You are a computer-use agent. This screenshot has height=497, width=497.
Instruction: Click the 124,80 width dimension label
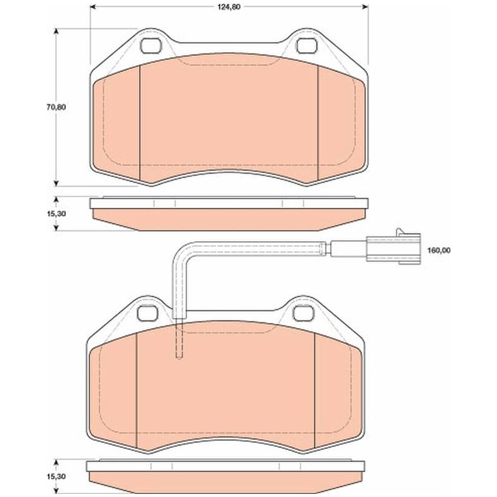[x=229, y=7]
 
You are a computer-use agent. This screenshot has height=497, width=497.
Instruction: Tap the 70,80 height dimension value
[x=56, y=107]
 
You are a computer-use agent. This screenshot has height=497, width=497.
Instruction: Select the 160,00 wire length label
[x=439, y=250]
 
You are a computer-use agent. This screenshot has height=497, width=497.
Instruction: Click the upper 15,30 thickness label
[x=56, y=214]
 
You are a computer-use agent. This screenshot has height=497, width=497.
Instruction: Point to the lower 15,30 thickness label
[x=56, y=476]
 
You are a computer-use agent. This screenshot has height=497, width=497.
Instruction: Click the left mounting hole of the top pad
[x=151, y=46]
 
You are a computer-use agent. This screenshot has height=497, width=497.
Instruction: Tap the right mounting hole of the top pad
[x=306, y=46]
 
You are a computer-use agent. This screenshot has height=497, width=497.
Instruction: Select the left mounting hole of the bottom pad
[x=148, y=313]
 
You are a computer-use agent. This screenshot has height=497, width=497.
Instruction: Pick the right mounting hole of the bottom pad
[x=303, y=313]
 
